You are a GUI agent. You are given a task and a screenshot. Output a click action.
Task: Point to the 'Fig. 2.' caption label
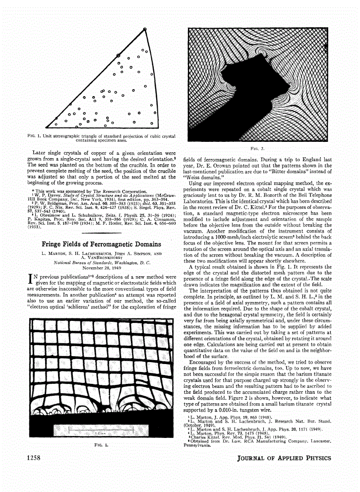click(258, 148)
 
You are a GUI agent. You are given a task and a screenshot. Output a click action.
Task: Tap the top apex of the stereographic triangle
click(145, 28)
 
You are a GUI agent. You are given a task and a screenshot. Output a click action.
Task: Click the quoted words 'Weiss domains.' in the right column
click(201, 176)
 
